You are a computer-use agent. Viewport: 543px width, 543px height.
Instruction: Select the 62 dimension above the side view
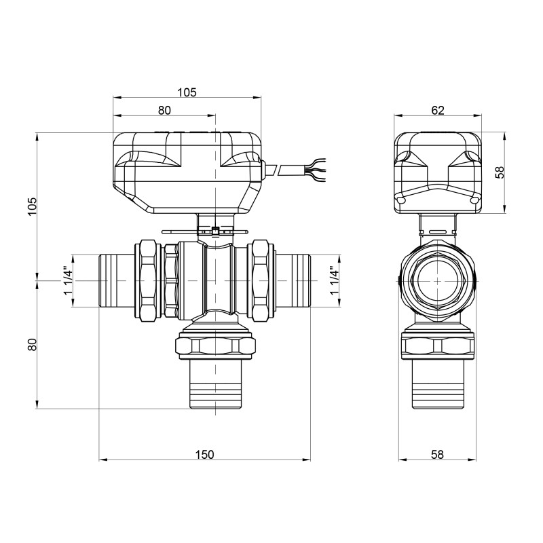pos(438,111)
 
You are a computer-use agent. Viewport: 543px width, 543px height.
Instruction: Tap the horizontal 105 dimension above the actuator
pos(187,93)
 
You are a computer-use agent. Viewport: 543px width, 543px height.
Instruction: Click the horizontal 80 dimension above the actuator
pos(164,110)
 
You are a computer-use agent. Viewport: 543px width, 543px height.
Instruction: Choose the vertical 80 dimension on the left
pos(31,344)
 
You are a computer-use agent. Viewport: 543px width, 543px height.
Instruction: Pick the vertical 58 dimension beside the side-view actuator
pos(500,172)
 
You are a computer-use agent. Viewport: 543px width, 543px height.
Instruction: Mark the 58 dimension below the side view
pos(437,453)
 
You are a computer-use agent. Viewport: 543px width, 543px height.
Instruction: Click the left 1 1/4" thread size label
pos(67,280)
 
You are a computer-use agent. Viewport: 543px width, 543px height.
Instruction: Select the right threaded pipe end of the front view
pos(293,280)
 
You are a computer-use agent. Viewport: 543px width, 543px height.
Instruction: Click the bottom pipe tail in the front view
pos(214,383)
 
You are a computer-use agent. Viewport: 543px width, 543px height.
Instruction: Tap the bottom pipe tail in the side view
pos(437,383)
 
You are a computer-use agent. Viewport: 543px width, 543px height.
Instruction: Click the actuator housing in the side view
pos(437,170)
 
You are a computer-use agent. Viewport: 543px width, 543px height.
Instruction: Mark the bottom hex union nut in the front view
pos(214,344)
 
